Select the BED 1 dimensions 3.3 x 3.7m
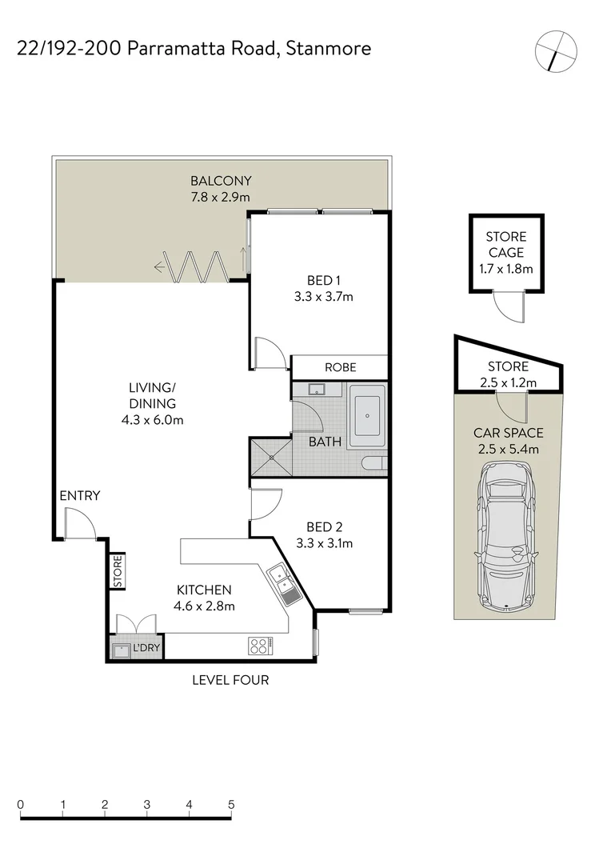tap(324, 296)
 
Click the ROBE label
tap(340, 367)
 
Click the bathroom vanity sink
tap(314, 391)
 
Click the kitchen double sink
tap(282, 582)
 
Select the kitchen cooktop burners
tap(260, 644)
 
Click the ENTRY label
tap(80, 496)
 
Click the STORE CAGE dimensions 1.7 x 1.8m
tap(506, 269)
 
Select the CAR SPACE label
tap(508, 433)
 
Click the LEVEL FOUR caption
tap(230, 681)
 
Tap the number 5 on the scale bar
tap(231, 804)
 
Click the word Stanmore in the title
tap(328, 48)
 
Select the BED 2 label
tap(324, 526)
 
